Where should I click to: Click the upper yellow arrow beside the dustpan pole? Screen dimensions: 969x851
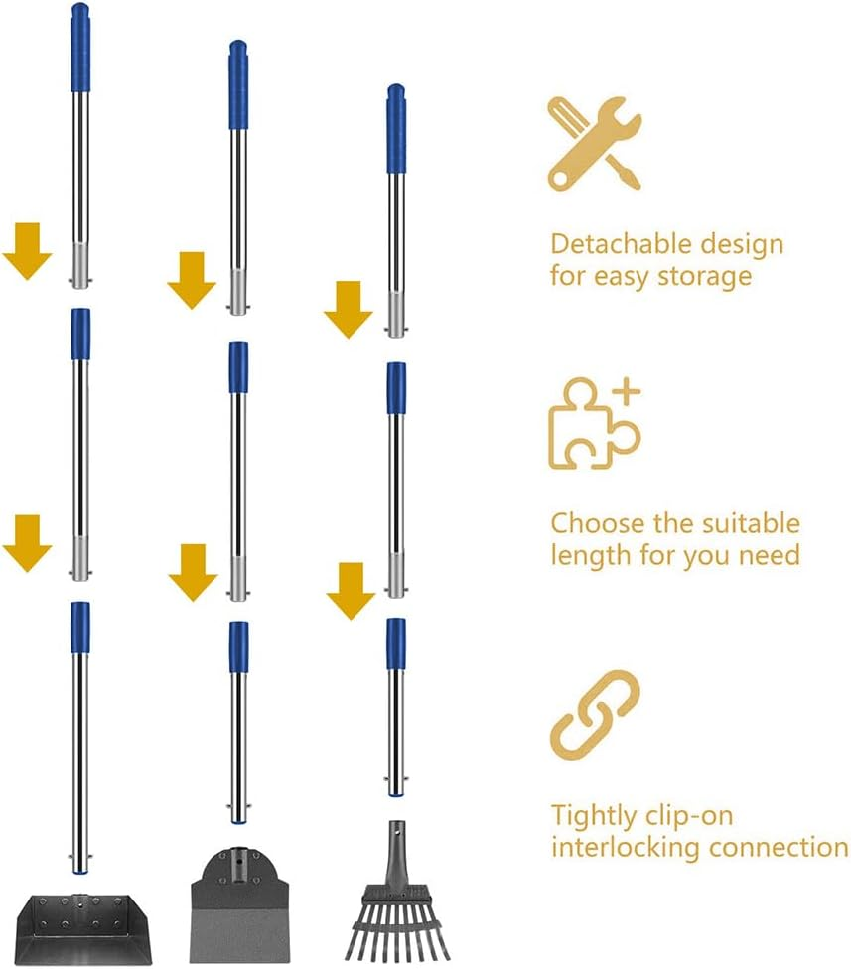27,250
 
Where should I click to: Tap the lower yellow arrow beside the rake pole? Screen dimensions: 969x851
351,590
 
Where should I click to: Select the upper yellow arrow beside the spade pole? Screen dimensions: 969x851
192,279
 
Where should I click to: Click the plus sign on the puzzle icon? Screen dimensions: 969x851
626,392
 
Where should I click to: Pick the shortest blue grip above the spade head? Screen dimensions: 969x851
238,646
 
